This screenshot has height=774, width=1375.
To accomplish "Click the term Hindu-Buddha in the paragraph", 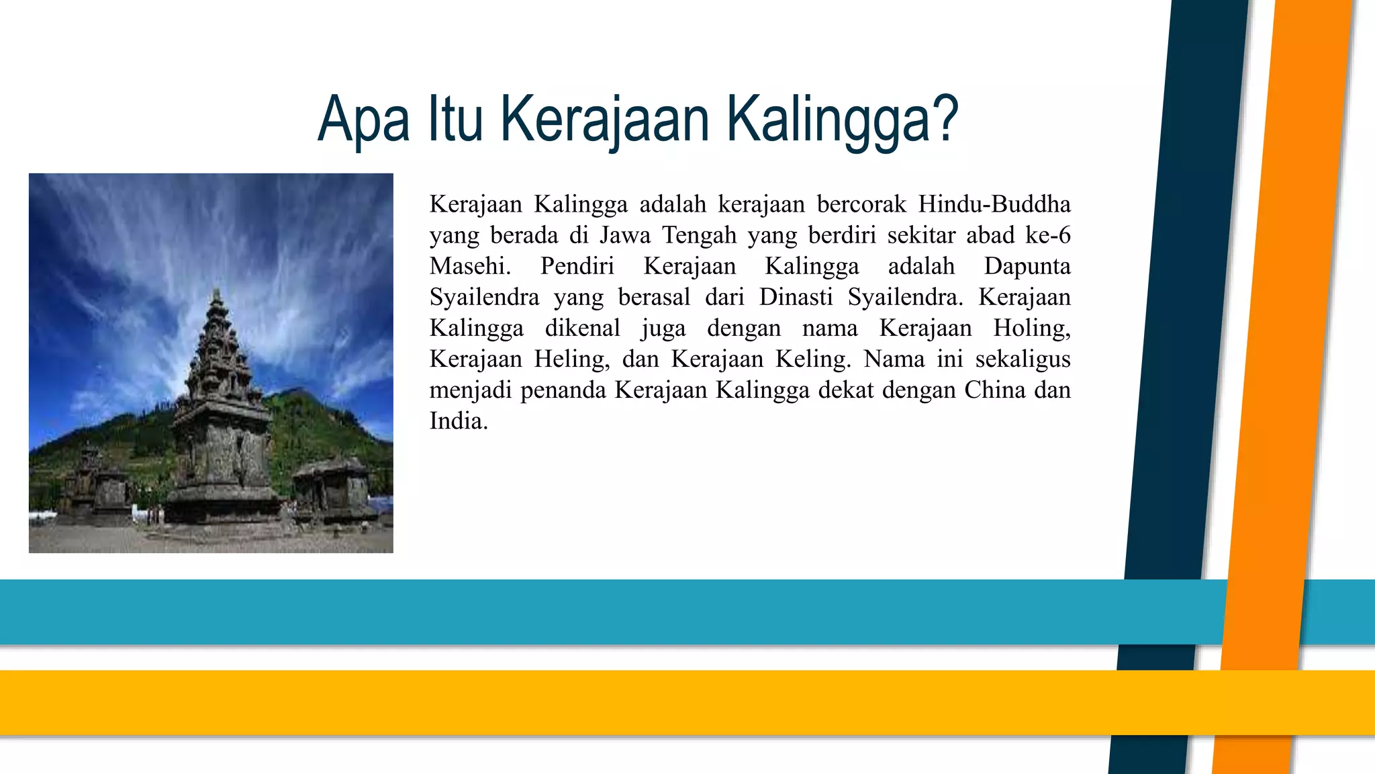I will click(x=994, y=204).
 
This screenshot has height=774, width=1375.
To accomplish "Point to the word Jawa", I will click(x=625, y=235).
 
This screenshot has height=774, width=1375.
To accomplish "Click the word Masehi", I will click(x=470, y=266).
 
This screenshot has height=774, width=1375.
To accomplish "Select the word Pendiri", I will click(x=577, y=266).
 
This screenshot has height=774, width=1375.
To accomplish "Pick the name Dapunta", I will click(x=1027, y=266).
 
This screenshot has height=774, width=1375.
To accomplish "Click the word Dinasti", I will click(x=796, y=297).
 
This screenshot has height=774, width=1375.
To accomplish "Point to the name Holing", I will click(x=1031, y=329).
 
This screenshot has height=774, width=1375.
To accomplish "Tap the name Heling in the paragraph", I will click(x=571, y=359).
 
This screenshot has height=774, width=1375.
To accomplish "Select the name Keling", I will click(x=812, y=359).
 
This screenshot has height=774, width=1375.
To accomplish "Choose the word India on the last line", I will click(x=459, y=421).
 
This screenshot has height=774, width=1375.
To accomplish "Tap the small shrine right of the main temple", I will click(x=332, y=490).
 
